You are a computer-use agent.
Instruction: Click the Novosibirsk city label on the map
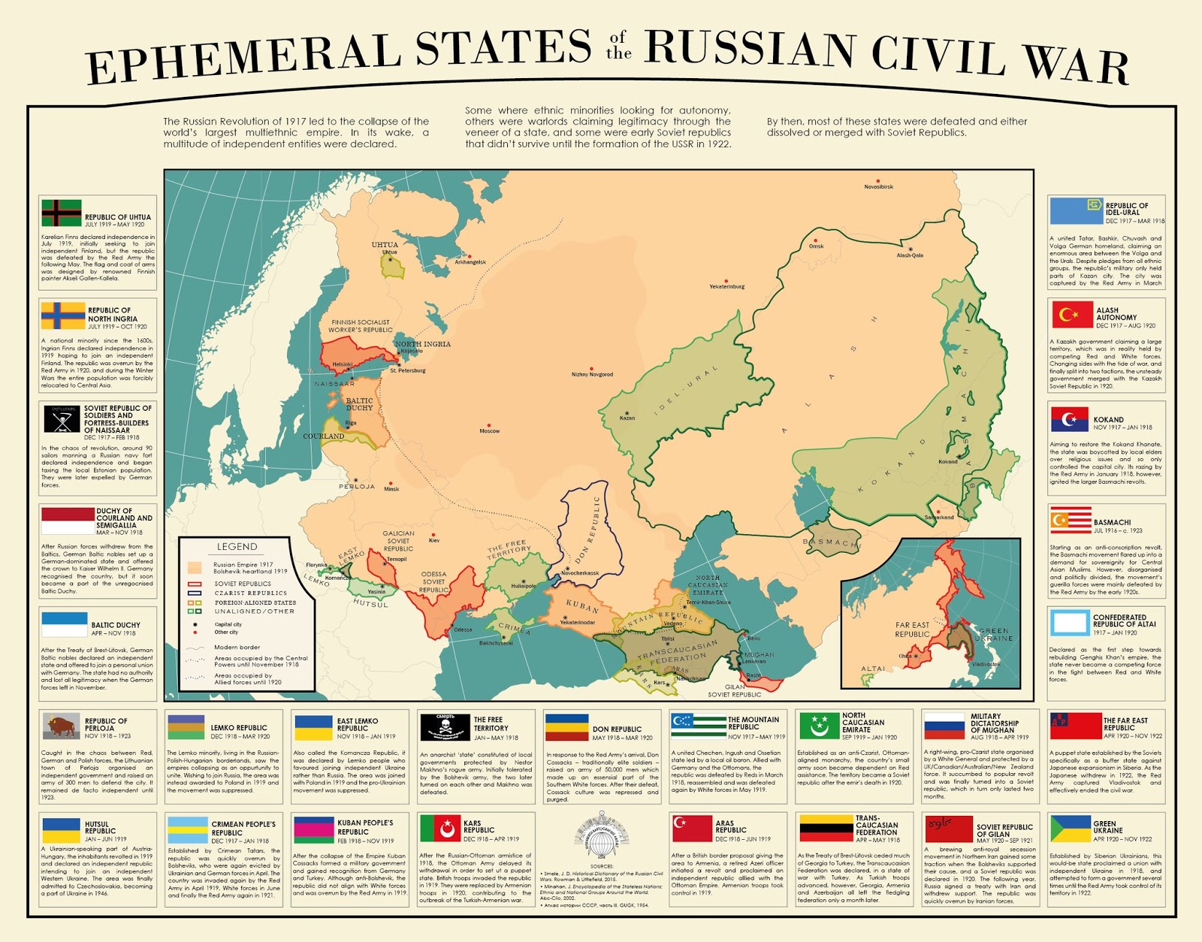(878, 187)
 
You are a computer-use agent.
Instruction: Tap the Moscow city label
(489, 431)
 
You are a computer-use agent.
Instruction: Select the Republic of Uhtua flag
(61, 213)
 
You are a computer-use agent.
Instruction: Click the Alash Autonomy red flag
(1072, 315)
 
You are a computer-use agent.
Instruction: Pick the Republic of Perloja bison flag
(62, 726)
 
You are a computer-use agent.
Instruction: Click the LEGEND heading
(237, 547)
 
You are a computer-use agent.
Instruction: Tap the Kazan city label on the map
(627, 418)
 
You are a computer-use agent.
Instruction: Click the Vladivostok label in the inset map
(986, 664)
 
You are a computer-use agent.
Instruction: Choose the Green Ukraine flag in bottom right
(1071, 829)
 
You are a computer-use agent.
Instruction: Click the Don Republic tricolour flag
(566, 727)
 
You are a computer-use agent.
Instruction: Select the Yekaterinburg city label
(726, 286)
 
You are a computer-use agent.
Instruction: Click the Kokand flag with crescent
(1070, 419)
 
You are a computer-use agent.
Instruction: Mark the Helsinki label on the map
(343, 364)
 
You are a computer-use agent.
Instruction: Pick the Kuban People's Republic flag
(313, 830)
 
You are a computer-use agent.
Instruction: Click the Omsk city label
(816, 246)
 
